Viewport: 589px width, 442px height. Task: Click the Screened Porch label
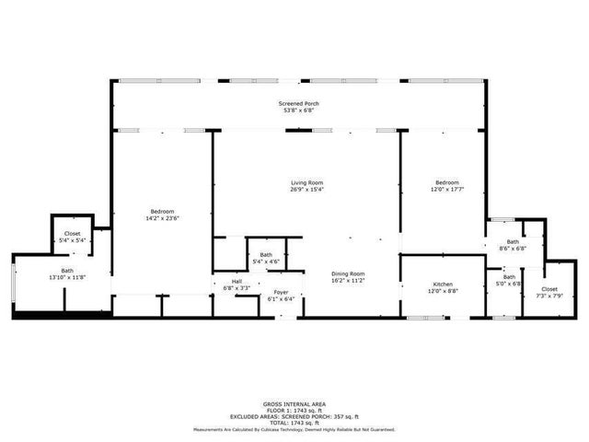tap(299, 104)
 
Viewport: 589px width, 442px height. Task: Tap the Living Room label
tap(307, 182)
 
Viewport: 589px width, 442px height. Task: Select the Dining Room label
tap(349, 273)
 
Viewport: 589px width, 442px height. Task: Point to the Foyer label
tap(281, 292)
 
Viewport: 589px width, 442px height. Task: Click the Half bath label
tap(237, 282)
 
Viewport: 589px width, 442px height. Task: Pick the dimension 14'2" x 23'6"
tap(160, 218)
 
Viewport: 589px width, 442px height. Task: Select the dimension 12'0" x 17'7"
tap(446, 190)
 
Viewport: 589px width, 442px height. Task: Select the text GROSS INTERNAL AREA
tap(294, 404)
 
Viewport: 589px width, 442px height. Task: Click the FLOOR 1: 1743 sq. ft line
tap(294, 410)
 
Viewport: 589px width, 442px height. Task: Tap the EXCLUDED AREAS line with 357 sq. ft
tap(294, 415)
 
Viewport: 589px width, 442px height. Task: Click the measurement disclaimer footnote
tap(294, 429)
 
